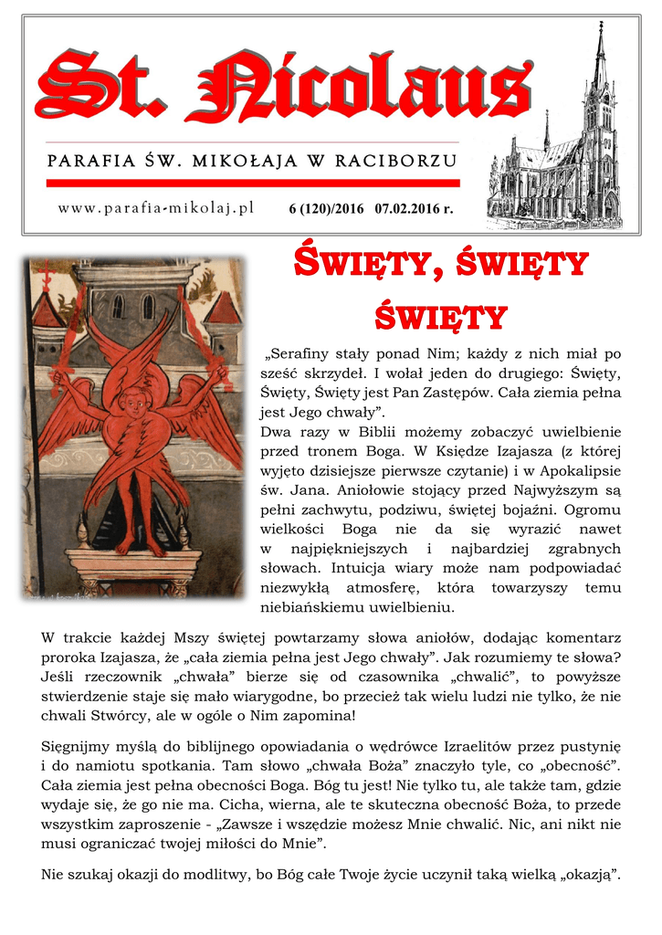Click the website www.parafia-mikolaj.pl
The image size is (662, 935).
click(155, 209)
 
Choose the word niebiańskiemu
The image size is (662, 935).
click(310, 607)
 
